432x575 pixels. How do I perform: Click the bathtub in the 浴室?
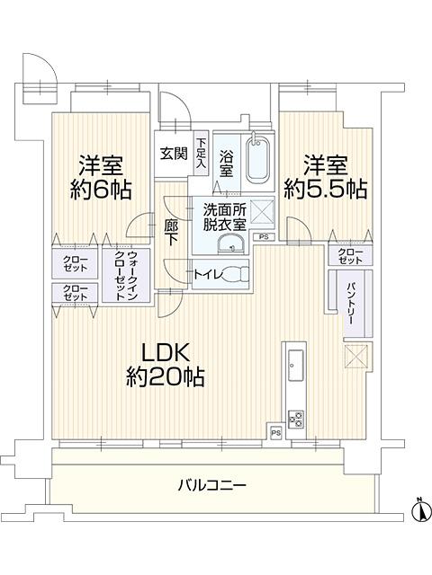point(258,161)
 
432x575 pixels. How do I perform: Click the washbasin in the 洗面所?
point(230,243)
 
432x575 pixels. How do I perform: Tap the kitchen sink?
point(295,366)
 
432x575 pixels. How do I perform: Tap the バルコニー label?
point(212,486)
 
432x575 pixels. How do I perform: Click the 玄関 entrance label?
point(174,153)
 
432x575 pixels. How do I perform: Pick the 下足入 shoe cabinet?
point(201,153)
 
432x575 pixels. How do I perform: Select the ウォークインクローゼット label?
point(126,276)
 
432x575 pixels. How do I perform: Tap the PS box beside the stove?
point(276,433)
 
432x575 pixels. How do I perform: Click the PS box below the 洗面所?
point(264,237)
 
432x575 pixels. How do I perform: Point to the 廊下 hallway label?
point(172,232)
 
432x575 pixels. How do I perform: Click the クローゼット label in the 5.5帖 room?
point(350,256)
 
